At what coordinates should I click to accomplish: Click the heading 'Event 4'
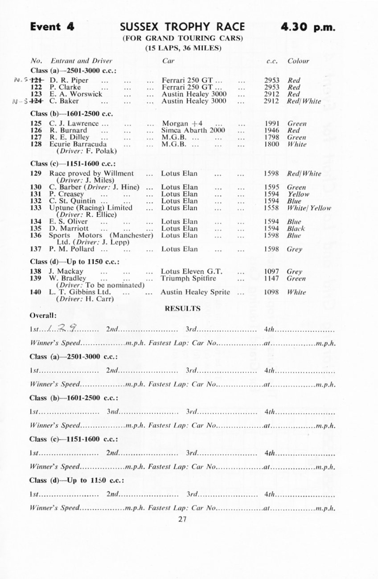52,27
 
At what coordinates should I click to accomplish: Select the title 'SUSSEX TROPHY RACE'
182,27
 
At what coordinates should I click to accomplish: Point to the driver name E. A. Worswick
76,94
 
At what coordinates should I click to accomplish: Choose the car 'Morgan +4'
182,123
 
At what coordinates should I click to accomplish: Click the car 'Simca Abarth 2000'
193,130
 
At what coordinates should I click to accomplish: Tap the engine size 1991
271,124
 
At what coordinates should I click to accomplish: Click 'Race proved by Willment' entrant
91,174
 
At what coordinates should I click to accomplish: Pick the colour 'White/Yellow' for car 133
309,208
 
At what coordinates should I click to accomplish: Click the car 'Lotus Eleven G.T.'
192,271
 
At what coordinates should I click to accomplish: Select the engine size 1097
271,272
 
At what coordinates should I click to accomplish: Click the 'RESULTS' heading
182,308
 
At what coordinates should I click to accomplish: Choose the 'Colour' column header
298,61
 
